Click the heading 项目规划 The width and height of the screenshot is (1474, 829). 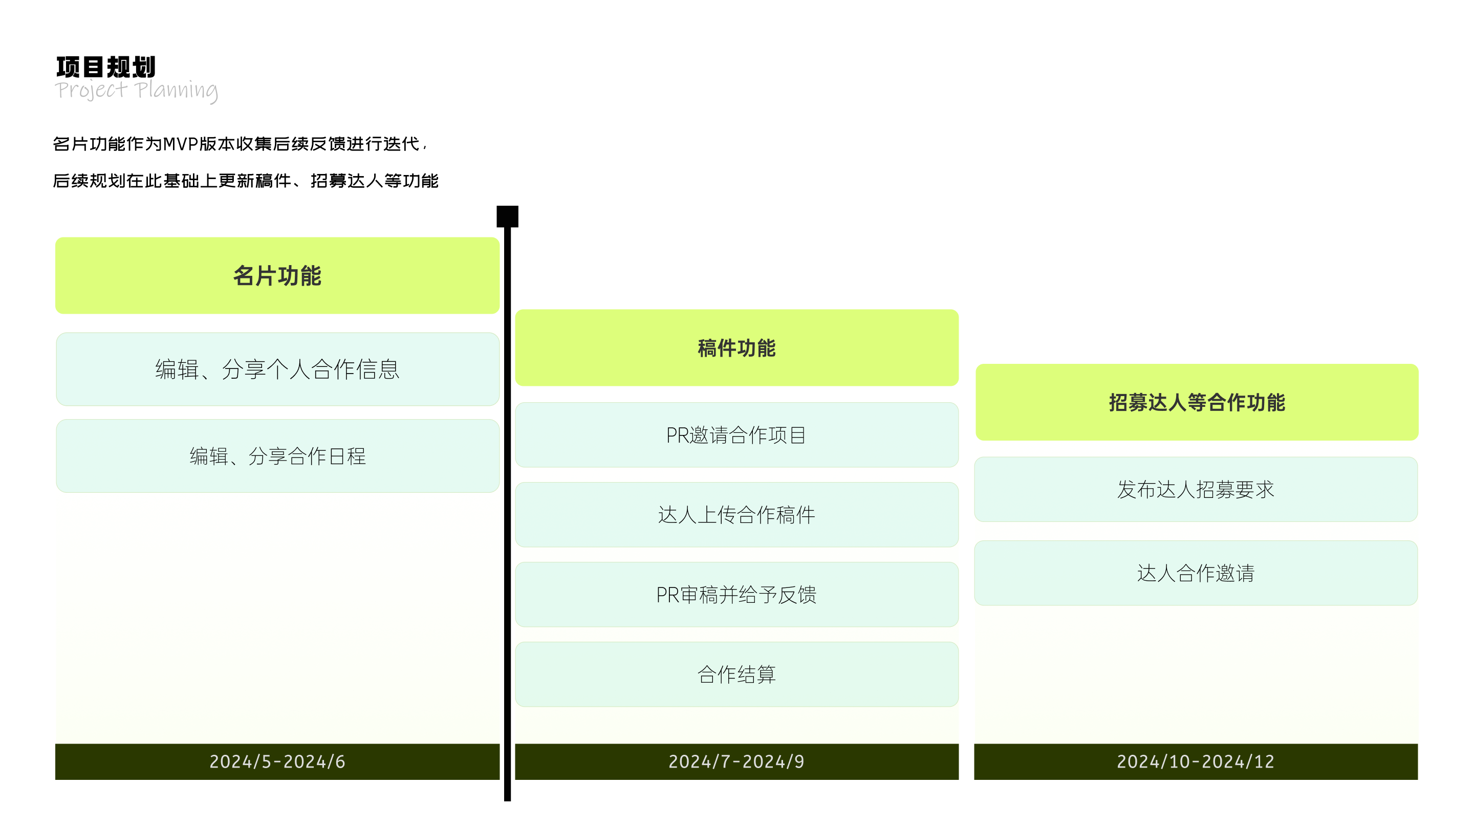point(106,67)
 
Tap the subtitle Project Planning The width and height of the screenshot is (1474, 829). point(136,91)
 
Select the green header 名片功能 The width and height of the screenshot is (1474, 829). point(277,275)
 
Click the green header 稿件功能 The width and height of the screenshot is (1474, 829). point(736,348)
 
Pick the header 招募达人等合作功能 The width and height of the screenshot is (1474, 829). point(1197,402)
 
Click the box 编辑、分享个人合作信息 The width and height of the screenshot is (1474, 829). point(277,369)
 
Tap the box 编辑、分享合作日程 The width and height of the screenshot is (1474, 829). point(277,456)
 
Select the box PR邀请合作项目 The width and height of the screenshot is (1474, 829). point(736,435)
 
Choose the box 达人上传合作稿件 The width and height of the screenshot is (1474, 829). point(736,514)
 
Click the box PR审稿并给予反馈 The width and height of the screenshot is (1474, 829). point(736,595)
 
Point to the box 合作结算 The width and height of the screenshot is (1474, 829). point(736,674)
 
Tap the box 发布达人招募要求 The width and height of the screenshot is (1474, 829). point(1196,489)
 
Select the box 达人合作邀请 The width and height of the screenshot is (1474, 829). point(1196,573)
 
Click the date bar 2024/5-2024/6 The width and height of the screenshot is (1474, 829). point(277,761)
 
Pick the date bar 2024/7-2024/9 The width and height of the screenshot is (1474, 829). point(736,761)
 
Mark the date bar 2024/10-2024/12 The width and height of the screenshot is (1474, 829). point(1196,761)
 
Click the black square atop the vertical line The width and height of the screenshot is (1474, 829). point(508,216)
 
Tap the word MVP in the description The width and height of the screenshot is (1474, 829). point(180,144)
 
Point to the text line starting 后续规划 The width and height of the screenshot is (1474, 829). point(246,181)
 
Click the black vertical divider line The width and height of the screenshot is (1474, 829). point(508,514)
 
